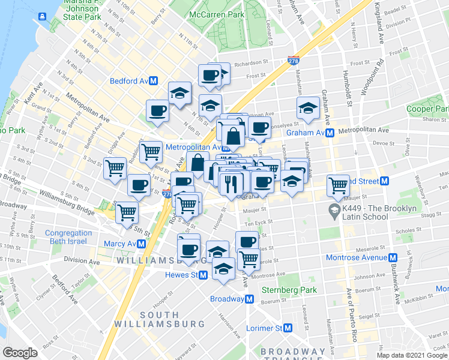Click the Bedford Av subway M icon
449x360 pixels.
(x=154, y=80)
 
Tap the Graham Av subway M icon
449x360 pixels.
(x=330, y=133)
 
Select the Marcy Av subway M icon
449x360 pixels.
(x=141, y=244)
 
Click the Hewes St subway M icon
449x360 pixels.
(x=203, y=275)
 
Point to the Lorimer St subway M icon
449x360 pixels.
(x=288, y=328)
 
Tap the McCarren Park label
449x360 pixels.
(x=216, y=14)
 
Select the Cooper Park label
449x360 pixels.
(x=427, y=109)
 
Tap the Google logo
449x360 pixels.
(x=20, y=353)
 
